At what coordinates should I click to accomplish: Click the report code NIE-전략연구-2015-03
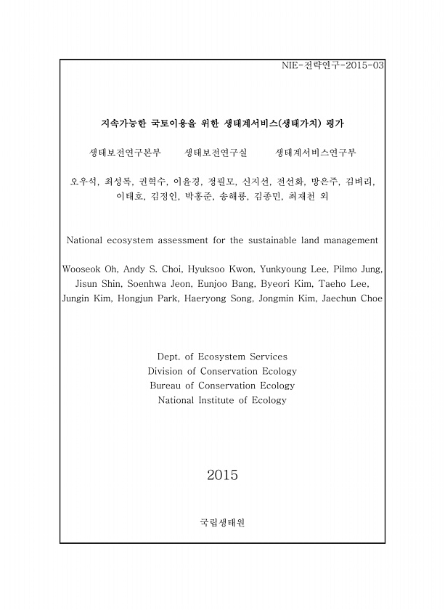(332, 65)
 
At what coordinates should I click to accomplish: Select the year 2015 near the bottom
(222, 476)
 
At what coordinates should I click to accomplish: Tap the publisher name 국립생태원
(222, 522)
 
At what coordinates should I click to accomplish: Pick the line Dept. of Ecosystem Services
(222, 357)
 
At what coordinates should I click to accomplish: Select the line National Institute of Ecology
(222, 400)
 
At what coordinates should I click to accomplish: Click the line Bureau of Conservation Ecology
(222, 386)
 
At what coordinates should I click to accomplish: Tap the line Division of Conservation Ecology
(222, 371)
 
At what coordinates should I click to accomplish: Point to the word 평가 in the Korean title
(335, 123)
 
